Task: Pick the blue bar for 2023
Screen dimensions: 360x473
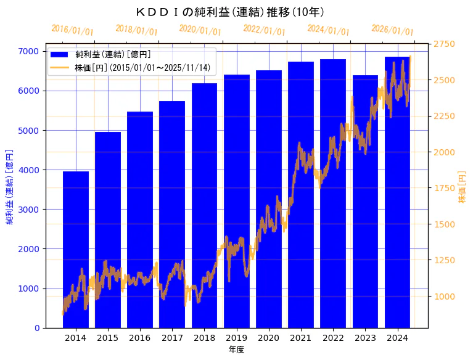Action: click(x=365, y=203)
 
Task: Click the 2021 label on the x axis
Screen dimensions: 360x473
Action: click(x=301, y=338)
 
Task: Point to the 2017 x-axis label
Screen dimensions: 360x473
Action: click(x=172, y=338)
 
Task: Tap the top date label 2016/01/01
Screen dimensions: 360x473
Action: click(x=72, y=30)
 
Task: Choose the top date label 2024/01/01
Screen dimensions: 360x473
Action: click(x=328, y=30)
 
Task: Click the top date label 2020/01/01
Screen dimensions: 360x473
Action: click(x=200, y=30)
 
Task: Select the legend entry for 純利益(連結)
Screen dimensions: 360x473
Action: click(x=117, y=54)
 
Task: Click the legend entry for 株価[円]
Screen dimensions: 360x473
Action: click(x=142, y=67)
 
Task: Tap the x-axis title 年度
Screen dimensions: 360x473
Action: click(x=236, y=350)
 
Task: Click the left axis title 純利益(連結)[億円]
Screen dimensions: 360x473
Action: click(x=10, y=186)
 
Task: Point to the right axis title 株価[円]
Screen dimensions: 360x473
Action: click(x=462, y=187)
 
